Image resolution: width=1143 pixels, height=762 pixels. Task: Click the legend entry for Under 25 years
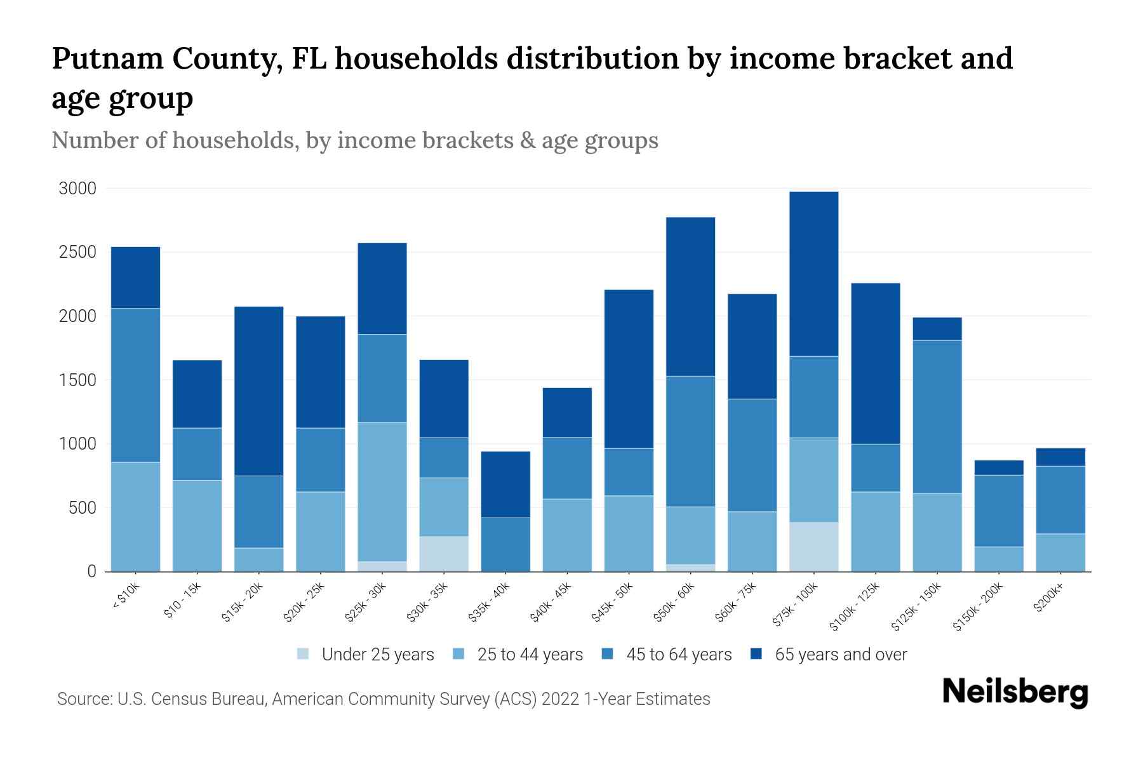377,655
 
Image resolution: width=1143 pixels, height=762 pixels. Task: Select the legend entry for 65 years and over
840,655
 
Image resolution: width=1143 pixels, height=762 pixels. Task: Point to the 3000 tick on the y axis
77,189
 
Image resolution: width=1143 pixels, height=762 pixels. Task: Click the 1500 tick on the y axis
77,380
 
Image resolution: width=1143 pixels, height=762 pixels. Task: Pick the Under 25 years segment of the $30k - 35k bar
444,554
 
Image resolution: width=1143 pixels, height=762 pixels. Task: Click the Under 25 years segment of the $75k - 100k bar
813,547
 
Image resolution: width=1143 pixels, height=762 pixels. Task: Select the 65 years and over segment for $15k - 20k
259,391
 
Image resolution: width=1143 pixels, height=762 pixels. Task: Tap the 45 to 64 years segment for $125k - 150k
937,417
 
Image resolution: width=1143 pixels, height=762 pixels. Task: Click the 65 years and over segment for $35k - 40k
505,485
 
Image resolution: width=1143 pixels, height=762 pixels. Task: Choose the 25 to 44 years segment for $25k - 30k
382,492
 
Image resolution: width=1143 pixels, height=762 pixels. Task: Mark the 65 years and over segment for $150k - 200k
999,468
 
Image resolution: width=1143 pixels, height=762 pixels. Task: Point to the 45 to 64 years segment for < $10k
135,385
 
